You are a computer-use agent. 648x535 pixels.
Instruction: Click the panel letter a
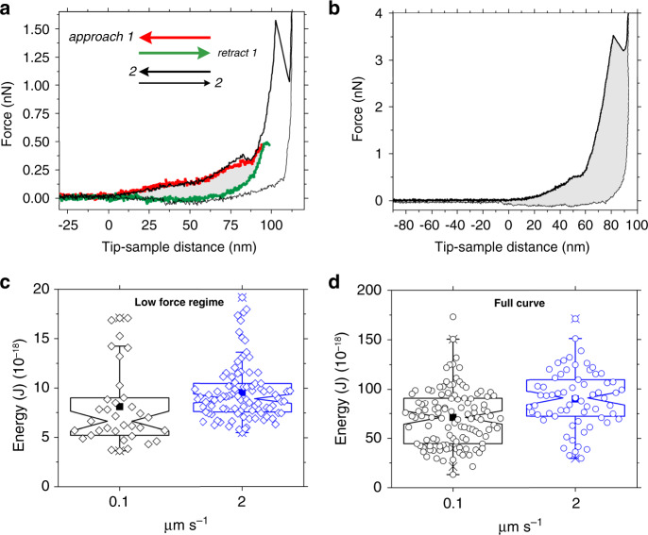click(x=8, y=8)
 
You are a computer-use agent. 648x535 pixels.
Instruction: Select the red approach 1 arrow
click(x=175, y=38)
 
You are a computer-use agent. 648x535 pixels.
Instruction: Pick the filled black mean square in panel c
click(x=119, y=407)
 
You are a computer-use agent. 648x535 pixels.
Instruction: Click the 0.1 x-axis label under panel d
click(x=452, y=503)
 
